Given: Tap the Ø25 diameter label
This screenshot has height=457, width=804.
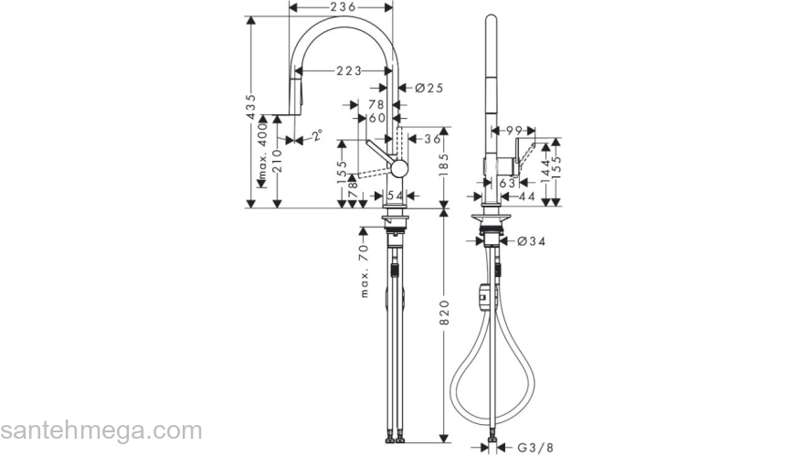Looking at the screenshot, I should (x=428, y=89).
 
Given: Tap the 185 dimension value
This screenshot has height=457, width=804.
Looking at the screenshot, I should (x=445, y=166).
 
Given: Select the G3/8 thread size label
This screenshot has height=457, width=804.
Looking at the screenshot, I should (x=535, y=448).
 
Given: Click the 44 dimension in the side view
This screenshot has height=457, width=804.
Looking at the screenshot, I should (x=526, y=196).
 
